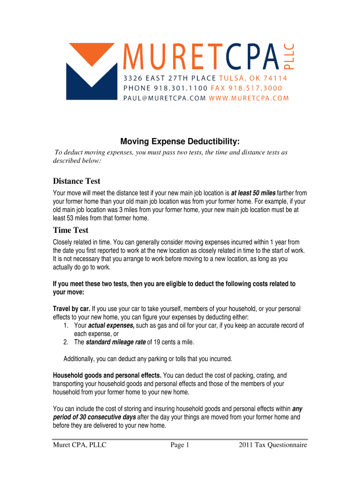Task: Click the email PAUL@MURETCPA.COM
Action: (x=165, y=98)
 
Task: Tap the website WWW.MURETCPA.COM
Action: (x=249, y=98)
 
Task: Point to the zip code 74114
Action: (x=274, y=78)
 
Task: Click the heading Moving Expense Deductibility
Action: (x=180, y=141)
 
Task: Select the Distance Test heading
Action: (x=77, y=181)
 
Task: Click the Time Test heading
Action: (x=71, y=230)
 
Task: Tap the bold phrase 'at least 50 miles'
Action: (x=253, y=193)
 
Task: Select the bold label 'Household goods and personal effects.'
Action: (x=108, y=375)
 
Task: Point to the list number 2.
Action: (x=66, y=342)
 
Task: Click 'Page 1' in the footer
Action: (x=180, y=445)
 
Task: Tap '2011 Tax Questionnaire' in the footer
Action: (x=273, y=445)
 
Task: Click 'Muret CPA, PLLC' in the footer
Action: (x=79, y=445)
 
